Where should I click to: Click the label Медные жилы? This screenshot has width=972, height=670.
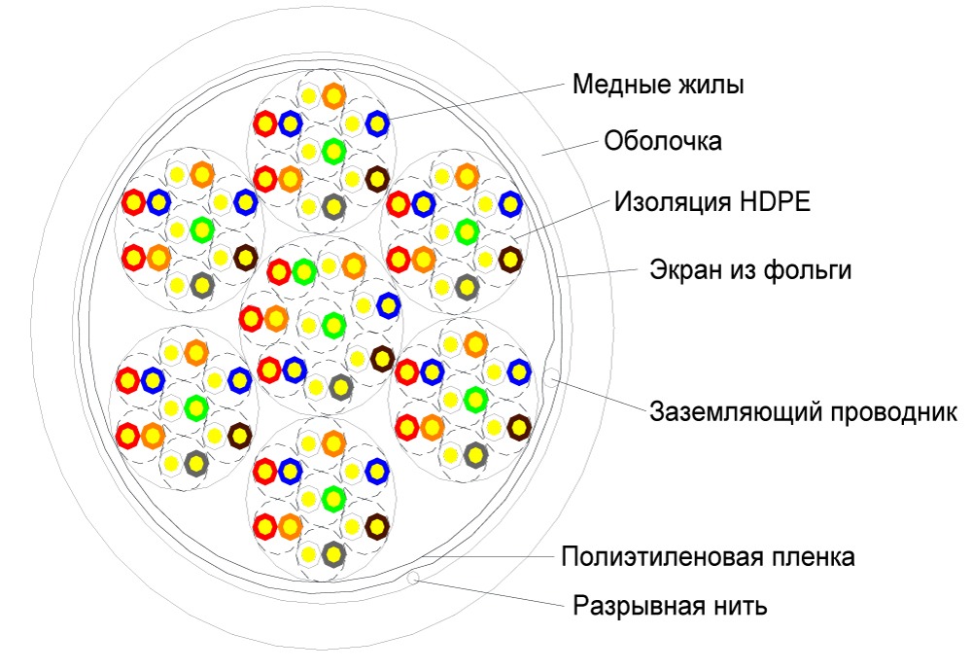658,84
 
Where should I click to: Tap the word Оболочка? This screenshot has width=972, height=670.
663,141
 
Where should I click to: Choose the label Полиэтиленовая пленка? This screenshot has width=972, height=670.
708,556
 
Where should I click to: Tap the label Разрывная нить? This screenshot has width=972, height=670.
670,605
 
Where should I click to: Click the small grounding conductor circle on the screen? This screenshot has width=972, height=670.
551,375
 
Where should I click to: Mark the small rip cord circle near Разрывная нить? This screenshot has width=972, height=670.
414,577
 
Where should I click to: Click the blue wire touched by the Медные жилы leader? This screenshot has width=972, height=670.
377,124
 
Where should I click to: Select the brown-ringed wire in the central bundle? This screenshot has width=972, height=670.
382,358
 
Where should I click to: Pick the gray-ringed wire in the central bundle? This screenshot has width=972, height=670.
340,387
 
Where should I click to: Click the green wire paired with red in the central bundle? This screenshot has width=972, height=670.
303,271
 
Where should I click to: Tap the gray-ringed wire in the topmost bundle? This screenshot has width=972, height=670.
333,206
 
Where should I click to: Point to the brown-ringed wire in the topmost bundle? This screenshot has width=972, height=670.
377,179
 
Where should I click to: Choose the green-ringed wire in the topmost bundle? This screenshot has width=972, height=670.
333,151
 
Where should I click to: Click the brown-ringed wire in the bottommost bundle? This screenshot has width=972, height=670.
377,527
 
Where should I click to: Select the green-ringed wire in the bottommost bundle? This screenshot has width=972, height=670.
333,498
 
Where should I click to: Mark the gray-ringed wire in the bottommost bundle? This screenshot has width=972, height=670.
333,554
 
